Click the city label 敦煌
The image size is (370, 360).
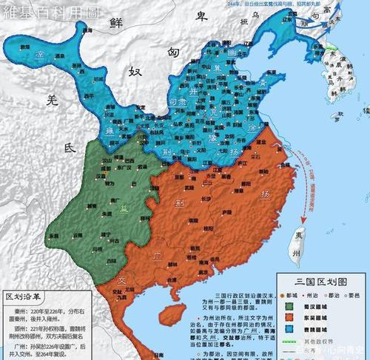pos(24,47)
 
